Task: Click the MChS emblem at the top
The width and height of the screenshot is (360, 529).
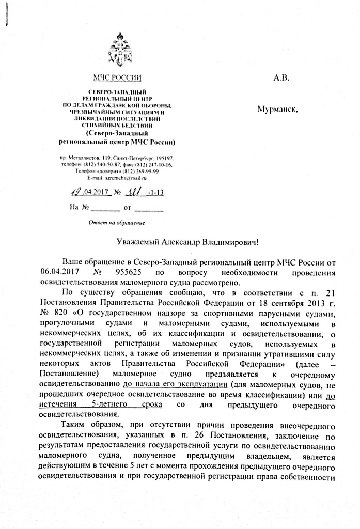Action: (x=118, y=49)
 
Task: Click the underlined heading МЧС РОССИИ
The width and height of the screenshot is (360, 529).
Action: (x=117, y=77)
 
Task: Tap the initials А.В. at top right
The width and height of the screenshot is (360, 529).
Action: (x=281, y=78)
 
